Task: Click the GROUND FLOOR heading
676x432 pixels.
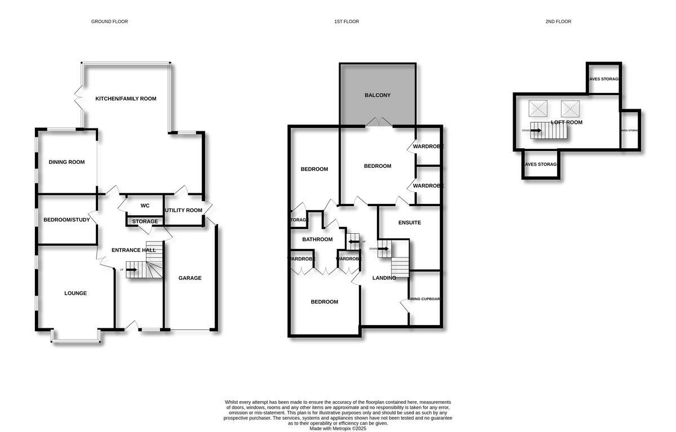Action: tap(109, 21)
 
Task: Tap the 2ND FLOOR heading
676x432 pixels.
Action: tap(558, 21)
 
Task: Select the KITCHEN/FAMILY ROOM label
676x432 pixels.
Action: tap(126, 99)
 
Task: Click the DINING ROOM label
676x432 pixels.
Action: tap(66, 162)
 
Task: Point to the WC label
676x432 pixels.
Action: tap(145, 206)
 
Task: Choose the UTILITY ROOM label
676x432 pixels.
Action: tap(183, 211)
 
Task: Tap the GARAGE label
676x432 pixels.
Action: tap(190, 278)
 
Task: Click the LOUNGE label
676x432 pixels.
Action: tap(75, 293)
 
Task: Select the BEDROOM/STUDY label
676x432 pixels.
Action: tap(66, 220)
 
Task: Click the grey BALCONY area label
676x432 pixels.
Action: tap(377, 95)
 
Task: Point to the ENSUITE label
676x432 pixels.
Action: tap(410, 222)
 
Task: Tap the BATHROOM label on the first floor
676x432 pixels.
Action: tap(317, 239)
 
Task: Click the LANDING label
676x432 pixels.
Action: tap(384, 278)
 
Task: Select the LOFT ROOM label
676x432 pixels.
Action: tap(567, 122)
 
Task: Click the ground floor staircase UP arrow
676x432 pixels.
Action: tap(131, 270)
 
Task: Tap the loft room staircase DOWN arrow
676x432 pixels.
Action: tap(536, 131)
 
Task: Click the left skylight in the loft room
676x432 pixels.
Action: tap(537, 108)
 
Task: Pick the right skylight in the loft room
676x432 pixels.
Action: tap(570, 108)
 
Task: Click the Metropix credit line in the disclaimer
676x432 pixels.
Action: tap(338, 429)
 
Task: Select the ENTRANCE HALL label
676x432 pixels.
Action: tap(134, 250)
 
